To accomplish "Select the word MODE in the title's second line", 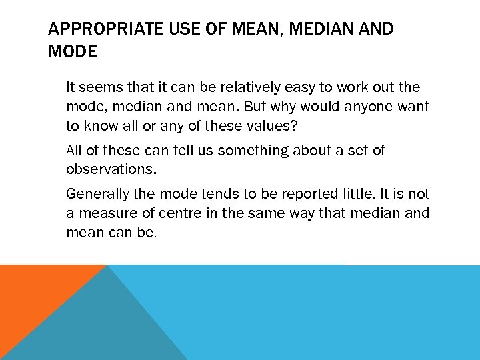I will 73,52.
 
